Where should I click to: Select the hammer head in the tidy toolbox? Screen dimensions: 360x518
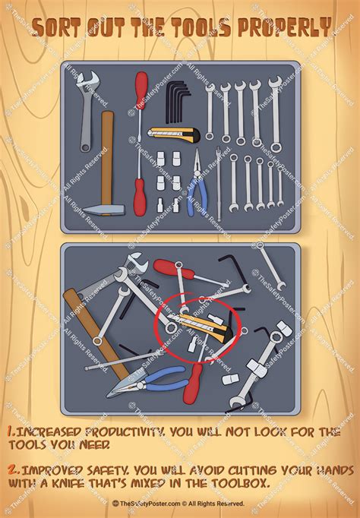click(104, 210)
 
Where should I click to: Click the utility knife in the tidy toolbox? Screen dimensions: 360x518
click(174, 134)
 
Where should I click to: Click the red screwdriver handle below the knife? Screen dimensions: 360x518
click(140, 197)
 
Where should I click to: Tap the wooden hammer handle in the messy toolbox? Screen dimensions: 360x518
click(96, 334)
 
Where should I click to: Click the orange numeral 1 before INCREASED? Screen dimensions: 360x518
click(11, 431)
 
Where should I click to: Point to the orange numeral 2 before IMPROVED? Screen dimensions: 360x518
click(13, 469)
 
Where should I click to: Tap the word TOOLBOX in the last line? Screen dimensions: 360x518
click(238, 484)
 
